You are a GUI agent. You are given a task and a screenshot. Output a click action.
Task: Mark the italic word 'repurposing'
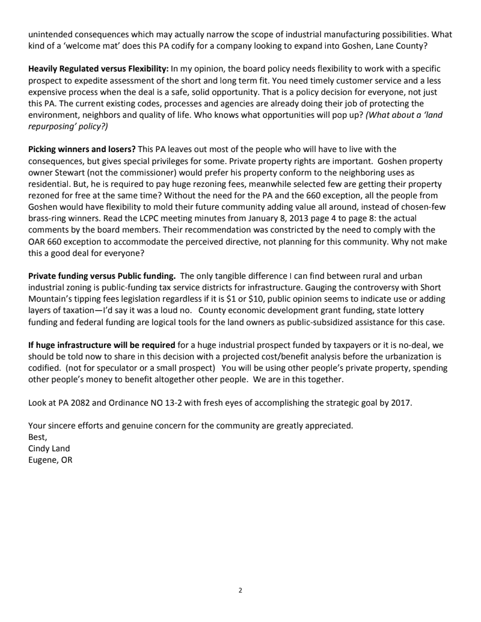(x=54, y=127)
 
